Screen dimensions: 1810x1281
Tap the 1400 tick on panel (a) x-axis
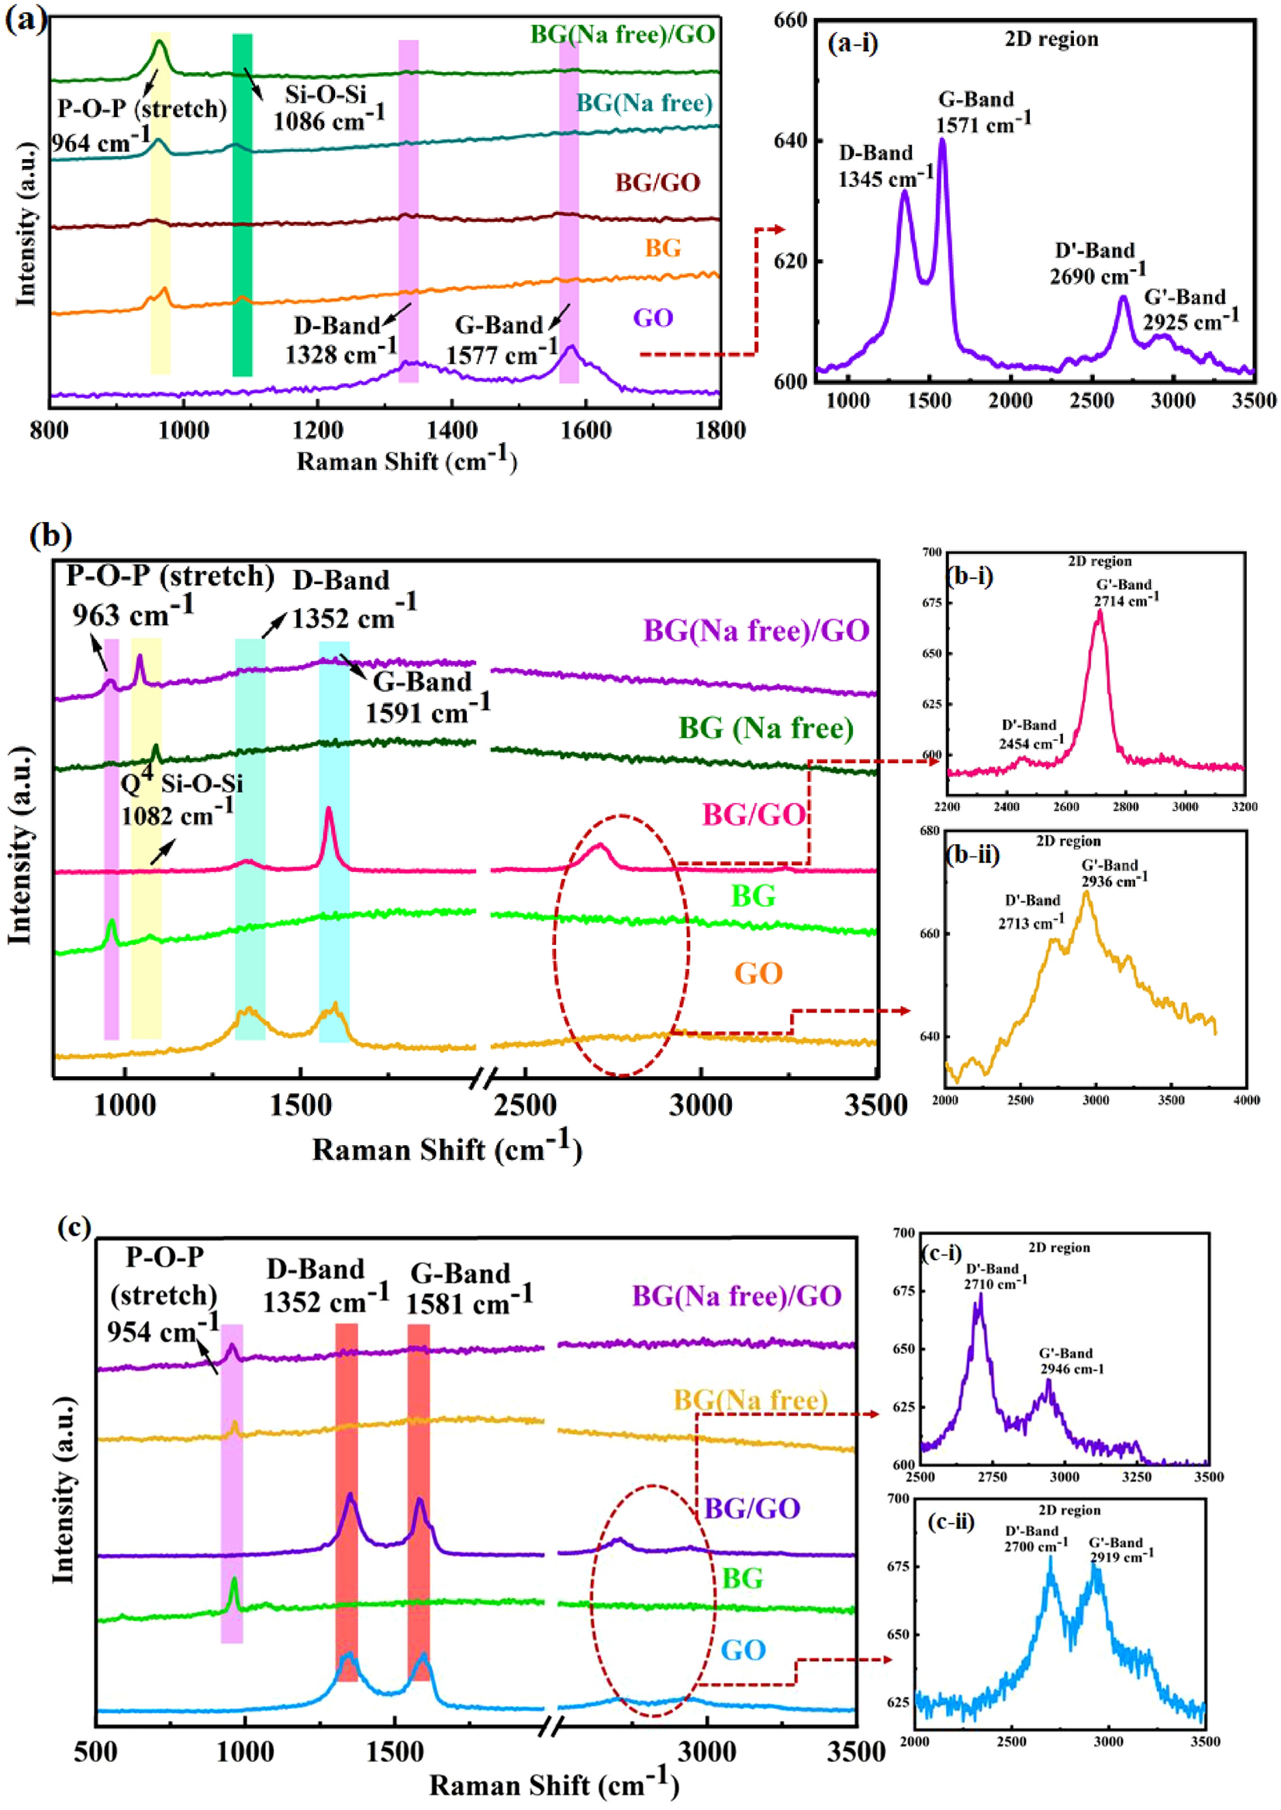coord(451,431)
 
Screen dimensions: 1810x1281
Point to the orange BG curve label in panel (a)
coord(662,247)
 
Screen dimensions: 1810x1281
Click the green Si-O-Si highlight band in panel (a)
coord(242,205)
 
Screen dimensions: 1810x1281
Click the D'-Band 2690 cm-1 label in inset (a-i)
coord(1097,263)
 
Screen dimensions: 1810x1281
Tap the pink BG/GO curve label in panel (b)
coord(753,815)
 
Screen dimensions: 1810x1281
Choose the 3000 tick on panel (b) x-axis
coord(700,1106)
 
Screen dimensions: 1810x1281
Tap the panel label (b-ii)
coord(973,853)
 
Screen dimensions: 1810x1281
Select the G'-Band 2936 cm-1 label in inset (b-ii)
coord(1114,872)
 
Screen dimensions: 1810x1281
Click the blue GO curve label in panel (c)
coord(743,1650)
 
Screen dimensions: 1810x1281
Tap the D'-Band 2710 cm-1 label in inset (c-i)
coord(995,1275)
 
